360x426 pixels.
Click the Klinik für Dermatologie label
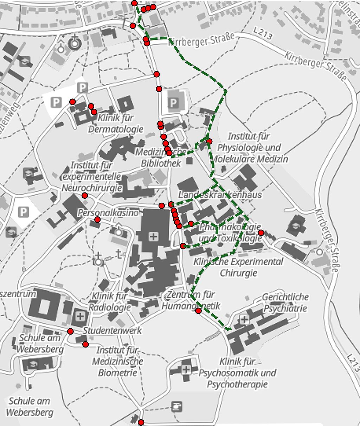coord(116,123)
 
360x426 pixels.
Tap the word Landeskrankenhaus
coord(220,195)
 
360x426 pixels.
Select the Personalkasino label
coord(108,213)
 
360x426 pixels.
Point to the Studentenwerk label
coord(112,330)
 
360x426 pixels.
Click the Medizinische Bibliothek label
coord(161,158)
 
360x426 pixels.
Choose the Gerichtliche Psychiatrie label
coord(285,303)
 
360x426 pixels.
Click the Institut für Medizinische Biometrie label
coord(117,361)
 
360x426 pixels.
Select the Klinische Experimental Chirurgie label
coord(238,267)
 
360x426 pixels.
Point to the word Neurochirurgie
coord(92,187)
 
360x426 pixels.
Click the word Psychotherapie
coord(237,384)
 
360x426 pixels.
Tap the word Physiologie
coord(249,147)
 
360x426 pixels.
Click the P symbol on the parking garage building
coord(173,103)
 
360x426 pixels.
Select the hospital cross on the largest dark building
coord(153,236)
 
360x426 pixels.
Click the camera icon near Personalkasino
coord(118,231)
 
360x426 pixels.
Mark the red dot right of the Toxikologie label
coord(261,233)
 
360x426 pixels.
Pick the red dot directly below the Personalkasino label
coord(97,220)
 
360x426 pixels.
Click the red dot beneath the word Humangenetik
coord(198,311)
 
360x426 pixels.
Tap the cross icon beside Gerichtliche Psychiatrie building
coord(244,319)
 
